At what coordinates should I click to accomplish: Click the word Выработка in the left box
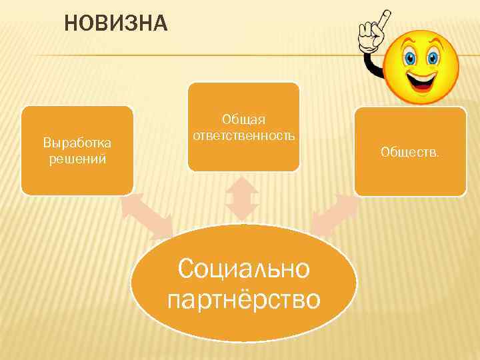[x=77, y=143]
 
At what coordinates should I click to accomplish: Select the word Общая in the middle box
[x=243, y=119]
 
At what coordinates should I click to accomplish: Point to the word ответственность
[x=243, y=135]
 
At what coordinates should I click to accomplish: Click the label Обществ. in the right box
[x=410, y=153]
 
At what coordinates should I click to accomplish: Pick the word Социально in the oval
[x=244, y=269]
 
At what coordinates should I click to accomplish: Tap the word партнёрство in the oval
[x=244, y=299]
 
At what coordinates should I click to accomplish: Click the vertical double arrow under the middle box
[x=242, y=198]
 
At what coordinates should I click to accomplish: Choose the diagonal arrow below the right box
[x=335, y=215]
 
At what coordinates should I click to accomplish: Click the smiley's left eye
[x=411, y=57]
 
